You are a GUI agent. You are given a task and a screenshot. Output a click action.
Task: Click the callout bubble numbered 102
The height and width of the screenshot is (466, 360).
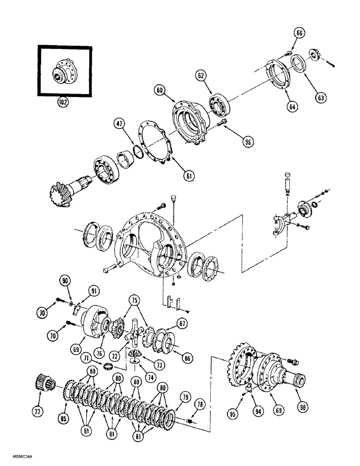tap(62, 102)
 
